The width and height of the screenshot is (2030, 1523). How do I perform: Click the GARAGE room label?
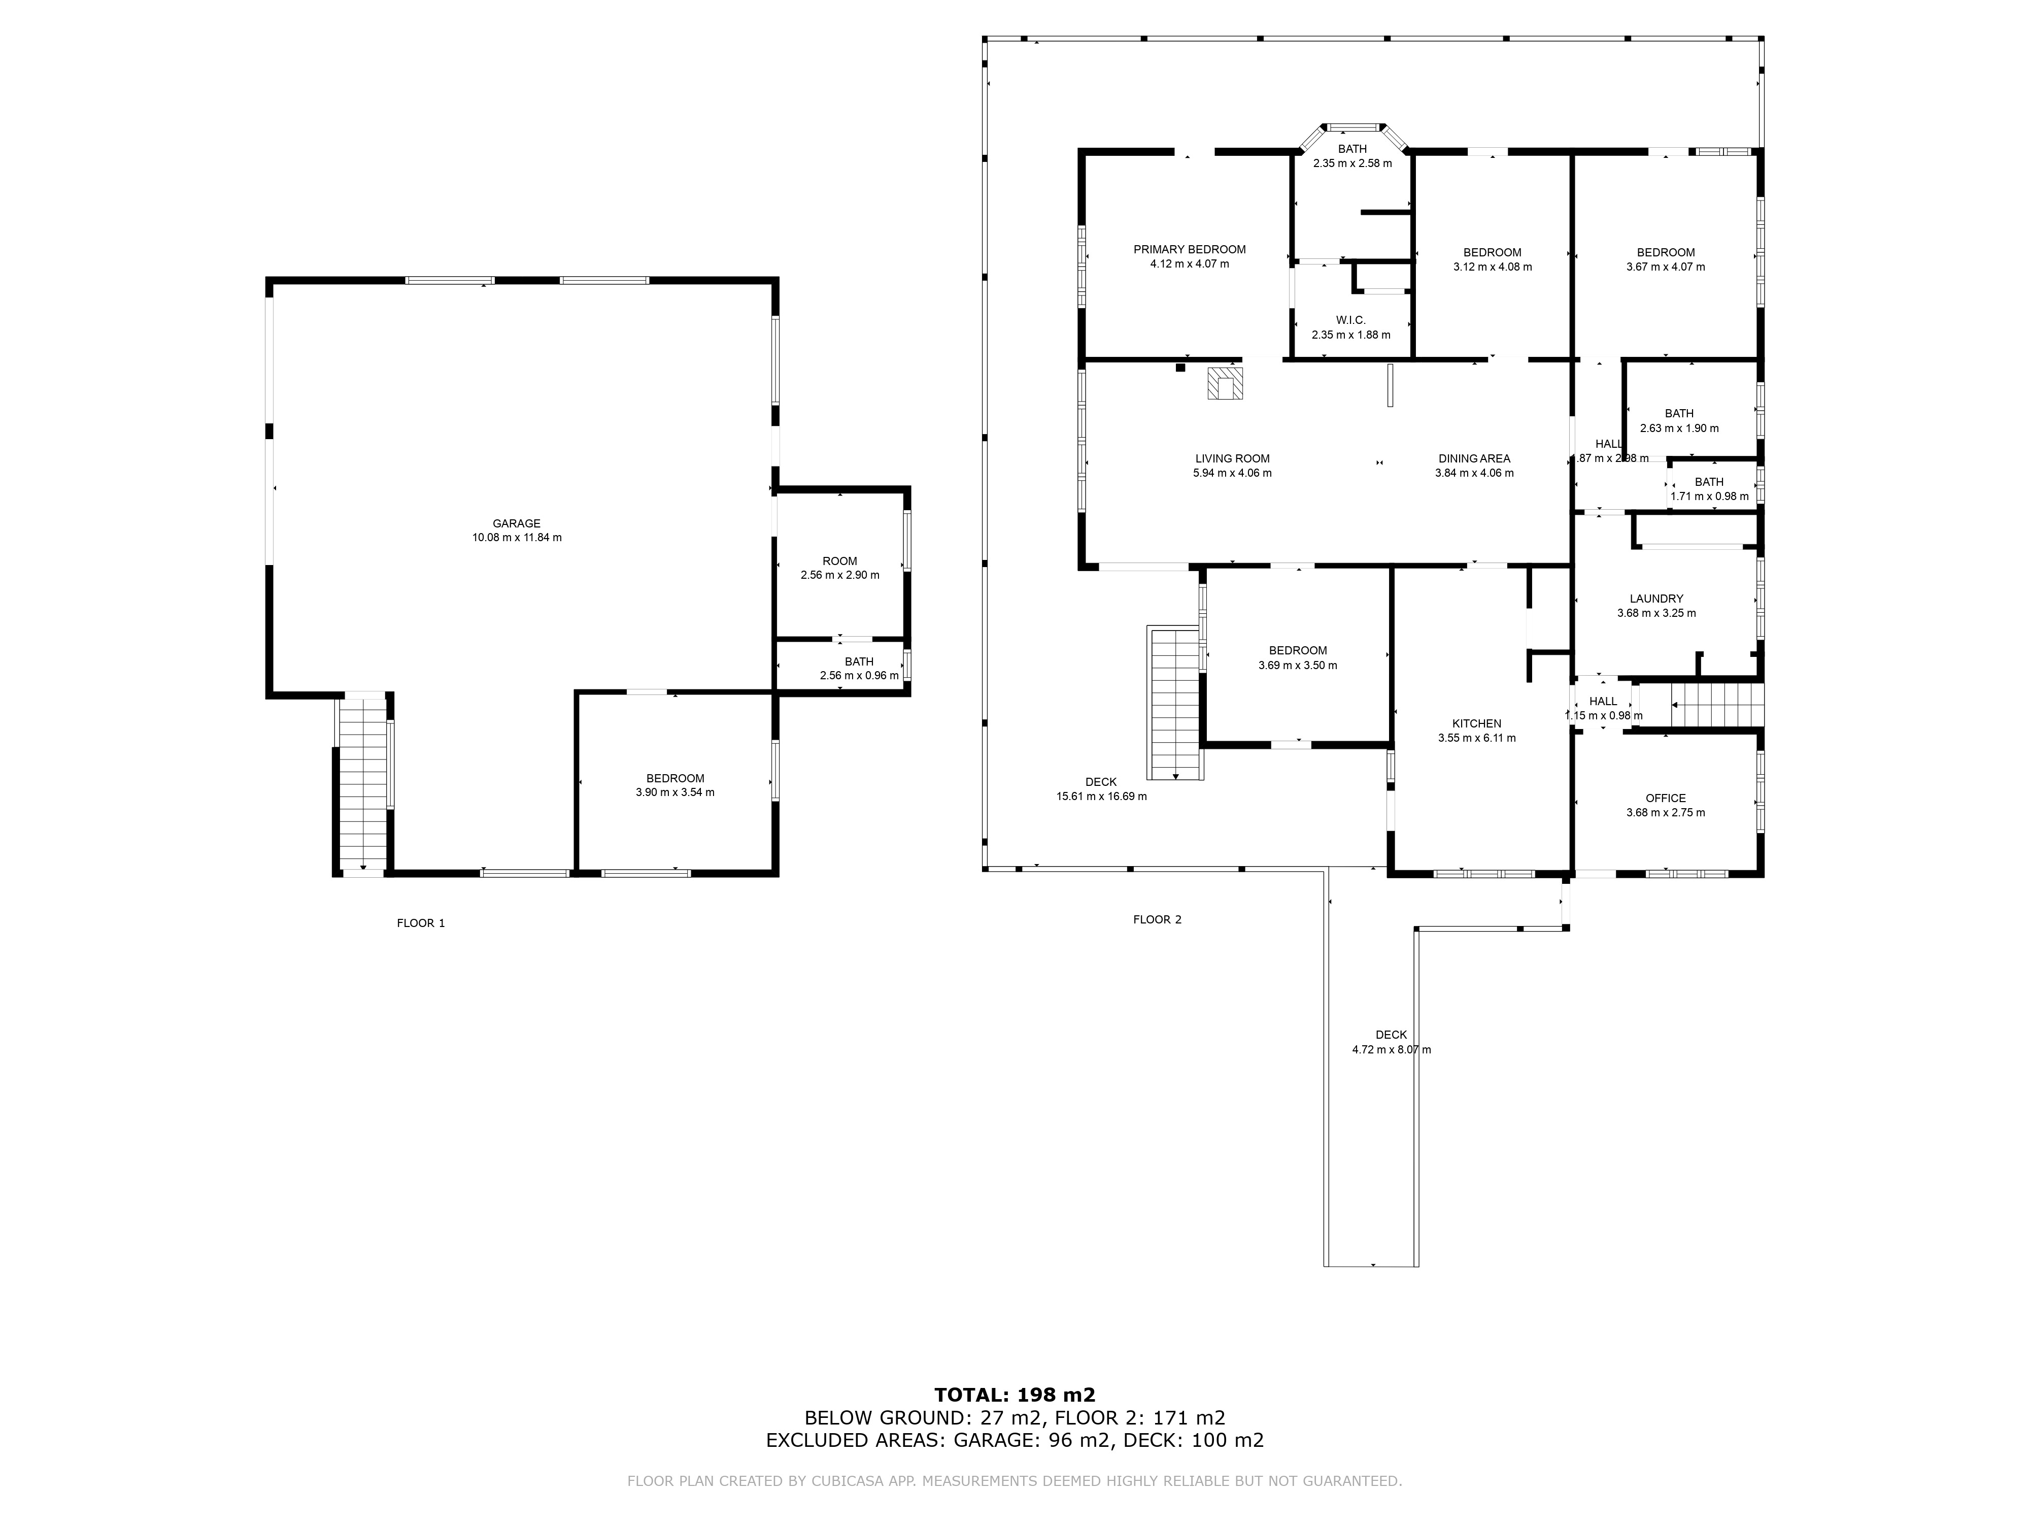pyautogui.click(x=517, y=524)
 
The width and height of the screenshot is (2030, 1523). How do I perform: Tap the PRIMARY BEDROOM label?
pyautogui.click(x=1190, y=250)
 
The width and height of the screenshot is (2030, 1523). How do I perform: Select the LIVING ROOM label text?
pyautogui.click(x=1233, y=459)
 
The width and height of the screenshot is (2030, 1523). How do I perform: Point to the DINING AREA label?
pyautogui.click(x=1474, y=459)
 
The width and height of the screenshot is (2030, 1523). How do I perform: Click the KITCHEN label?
pyautogui.click(x=1477, y=723)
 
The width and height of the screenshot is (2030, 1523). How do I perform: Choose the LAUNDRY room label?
pyautogui.click(x=1656, y=599)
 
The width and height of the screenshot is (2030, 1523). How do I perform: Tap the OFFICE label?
pyautogui.click(x=1666, y=799)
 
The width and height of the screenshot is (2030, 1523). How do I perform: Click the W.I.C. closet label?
pyautogui.click(x=1351, y=320)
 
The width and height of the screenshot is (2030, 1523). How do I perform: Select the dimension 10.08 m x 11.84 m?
pyautogui.click(x=517, y=538)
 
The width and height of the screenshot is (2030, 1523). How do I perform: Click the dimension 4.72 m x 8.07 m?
pyautogui.click(x=1391, y=1049)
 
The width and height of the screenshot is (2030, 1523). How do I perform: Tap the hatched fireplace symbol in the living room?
pyautogui.click(x=1223, y=384)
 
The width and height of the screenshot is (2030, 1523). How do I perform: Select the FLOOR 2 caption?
pyautogui.click(x=1157, y=920)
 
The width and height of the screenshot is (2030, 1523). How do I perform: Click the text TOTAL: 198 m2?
pyautogui.click(x=1015, y=1396)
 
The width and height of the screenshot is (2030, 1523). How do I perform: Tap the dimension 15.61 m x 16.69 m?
pyautogui.click(x=1101, y=797)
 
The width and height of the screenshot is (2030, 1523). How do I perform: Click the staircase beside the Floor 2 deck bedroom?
pyautogui.click(x=1175, y=702)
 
